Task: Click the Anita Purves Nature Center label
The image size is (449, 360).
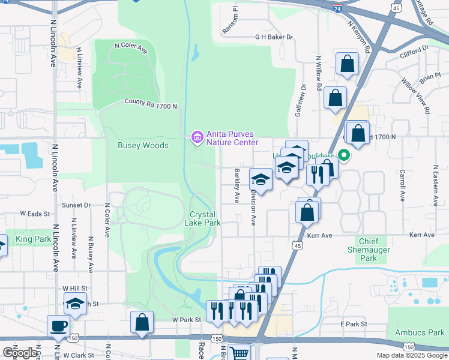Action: click(232, 138)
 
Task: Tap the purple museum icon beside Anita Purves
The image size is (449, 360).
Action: click(196, 138)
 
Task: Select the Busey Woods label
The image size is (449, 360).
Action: click(143, 145)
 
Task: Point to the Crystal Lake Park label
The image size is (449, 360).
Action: click(205, 218)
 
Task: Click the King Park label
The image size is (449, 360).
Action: click(34, 239)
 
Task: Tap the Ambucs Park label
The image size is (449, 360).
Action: click(420, 332)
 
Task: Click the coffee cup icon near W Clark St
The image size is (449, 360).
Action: click(59, 326)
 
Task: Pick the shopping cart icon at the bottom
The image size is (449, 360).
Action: click(240, 354)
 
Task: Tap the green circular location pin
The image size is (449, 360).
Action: click(344, 155)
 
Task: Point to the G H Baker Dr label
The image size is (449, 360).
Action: click(274, 37)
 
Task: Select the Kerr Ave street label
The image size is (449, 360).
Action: click(320, 235)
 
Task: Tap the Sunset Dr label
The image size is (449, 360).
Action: click(76, 205)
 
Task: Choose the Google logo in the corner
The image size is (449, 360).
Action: click(20, 352)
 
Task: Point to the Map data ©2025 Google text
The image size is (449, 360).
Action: click(411, 355)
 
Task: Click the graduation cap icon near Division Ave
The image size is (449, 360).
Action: click(261, 179)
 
